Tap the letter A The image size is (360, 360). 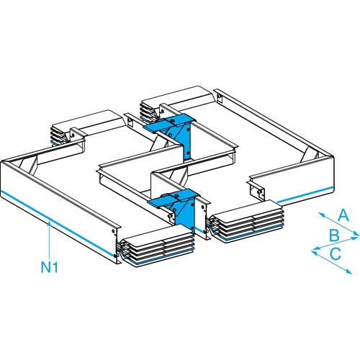343,215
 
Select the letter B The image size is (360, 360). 333,235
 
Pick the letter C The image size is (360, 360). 336,253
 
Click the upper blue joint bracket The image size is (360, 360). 173,125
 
